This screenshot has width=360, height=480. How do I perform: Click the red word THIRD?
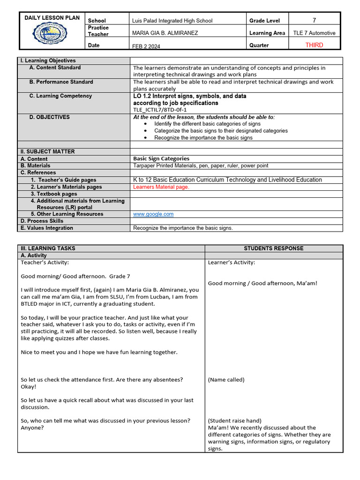click(x=314, y=45)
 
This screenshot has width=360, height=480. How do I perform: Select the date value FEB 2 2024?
click(x=147, y=46)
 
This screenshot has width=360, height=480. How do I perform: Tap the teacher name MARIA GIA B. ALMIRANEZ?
click(x=165, y=33)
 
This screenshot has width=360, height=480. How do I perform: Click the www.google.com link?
click(x=153, y=214)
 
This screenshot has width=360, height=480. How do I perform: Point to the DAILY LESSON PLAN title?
click(x=52, y=18)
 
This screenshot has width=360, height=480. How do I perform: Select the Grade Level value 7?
click(x=314, y=20)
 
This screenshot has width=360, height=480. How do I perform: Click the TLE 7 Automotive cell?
click(x=314, y=33)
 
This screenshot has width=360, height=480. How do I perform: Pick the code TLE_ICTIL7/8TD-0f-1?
click(x=160, y=110)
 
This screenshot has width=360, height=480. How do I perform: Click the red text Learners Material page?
click(x=161, y=187)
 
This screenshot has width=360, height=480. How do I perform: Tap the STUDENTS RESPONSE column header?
click(x=273, y=248)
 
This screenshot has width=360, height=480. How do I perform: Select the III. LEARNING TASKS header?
click(x=48, y=248)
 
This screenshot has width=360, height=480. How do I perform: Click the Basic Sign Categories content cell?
click(x=161, y=159)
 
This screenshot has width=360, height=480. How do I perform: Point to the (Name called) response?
click(x=226, y=380)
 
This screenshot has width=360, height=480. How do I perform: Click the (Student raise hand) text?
click(x=234, y=420)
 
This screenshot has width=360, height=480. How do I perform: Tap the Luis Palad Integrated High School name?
click(x=172, y=21)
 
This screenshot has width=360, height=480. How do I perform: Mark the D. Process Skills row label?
click(x=42, y=221)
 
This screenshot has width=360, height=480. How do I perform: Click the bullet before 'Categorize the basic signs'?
click(x=146, y=131)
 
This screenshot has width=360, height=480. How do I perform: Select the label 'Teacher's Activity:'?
click(x=45, y=262)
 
